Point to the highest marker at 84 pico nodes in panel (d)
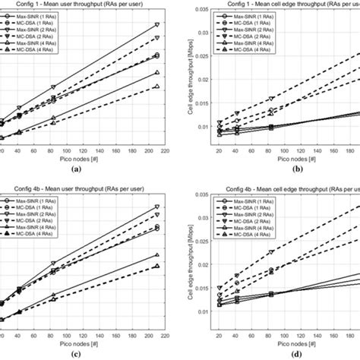pos(271,252)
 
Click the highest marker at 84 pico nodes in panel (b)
pos(271,99)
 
